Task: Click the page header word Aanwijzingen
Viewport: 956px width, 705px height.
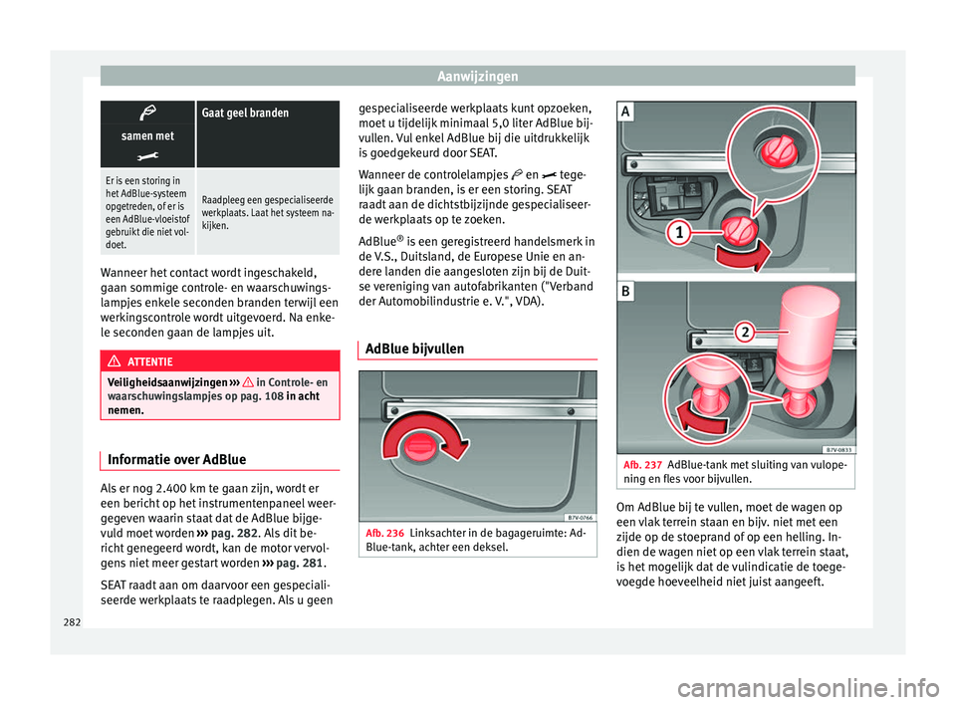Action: (477, 75)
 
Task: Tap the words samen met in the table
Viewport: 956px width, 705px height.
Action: (147, 134)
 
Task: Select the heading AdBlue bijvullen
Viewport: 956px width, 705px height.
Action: (415, 350)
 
